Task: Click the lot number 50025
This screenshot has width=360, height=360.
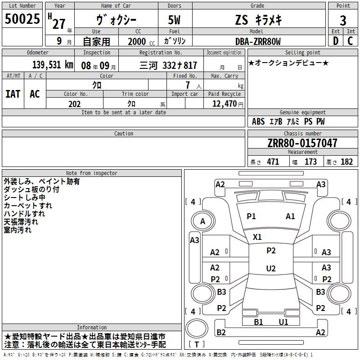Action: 22,18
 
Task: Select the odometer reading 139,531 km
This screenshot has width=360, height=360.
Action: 53,65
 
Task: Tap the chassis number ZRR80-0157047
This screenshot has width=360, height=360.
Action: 302,143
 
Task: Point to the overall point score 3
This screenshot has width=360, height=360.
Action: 343,20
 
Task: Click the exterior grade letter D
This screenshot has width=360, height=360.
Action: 335,41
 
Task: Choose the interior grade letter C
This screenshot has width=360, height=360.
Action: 350,41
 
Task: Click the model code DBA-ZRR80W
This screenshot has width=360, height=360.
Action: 258,41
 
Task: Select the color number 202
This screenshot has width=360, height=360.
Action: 74,104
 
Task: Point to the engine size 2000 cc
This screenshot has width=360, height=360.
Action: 141,41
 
